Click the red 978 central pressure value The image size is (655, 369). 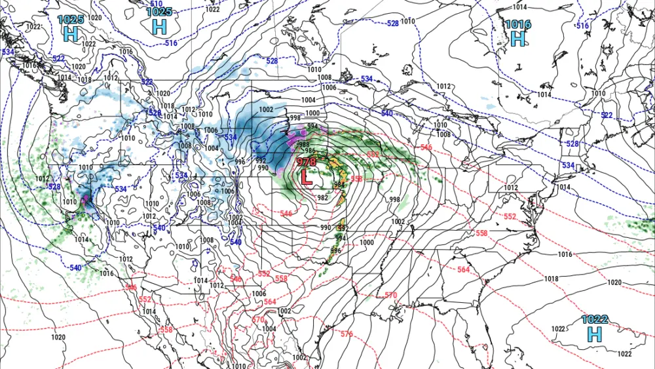pyautogui.click(x=307, y=162)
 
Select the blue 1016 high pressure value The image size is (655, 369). pyautogui.click(x=517, y=25)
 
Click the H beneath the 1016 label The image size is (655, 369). pyautogui.click(x=517, y=39)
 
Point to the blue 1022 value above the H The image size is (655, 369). pyautogui.click(x=595, y=320)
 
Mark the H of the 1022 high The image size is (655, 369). pyautogui.click(x=594, y=334)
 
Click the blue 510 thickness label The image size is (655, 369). pyautogui.click(x=157, y=4)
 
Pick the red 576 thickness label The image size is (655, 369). pyautogui.click(x=346, y=334)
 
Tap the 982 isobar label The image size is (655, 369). pyautogui.click(x=322, y=198)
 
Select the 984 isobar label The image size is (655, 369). pyautogui.click(x=339, y=185)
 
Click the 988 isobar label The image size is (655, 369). pyautogui.click(x=303, y=145)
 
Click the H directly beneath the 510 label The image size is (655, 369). pyautogui.click(x=159, y=26)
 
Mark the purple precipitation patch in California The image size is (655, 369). pyautogui.click(x=86, y=198)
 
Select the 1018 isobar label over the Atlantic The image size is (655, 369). pyautogui.click(x=551, y=279)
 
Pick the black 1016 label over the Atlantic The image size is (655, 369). pyautogui.click(x=565, y=254)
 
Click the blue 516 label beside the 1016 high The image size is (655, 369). pyautogui.click(x=582, y=26)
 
